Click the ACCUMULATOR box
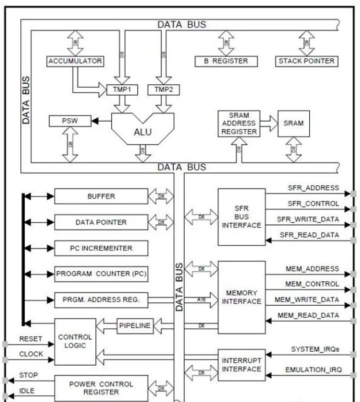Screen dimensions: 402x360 75,61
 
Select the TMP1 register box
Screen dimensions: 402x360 122,90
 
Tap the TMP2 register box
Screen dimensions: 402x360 164,90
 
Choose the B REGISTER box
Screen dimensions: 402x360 222,61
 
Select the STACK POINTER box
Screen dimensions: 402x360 306,61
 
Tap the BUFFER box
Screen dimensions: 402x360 101,196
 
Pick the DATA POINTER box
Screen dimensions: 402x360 101,222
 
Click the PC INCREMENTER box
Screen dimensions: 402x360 101,248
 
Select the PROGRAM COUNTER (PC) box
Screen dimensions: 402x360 101,274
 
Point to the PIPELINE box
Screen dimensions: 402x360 134,326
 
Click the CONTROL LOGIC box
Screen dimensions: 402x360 75,341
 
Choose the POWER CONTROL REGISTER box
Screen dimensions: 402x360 101,388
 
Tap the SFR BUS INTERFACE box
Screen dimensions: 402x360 241,216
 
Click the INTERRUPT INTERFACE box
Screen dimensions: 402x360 241,365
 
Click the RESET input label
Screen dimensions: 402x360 31,339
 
